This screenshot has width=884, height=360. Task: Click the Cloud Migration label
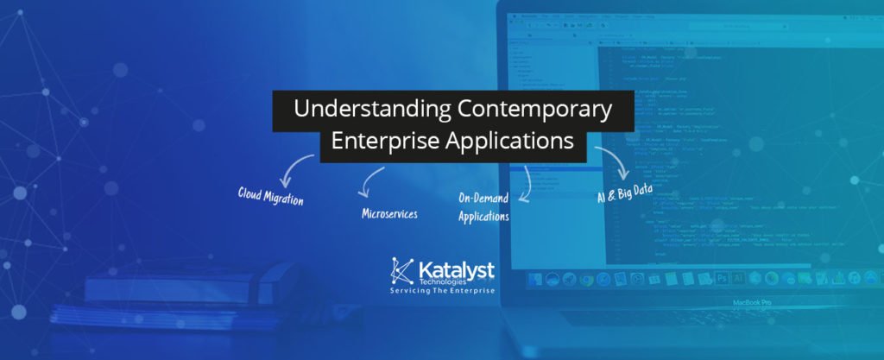click(271, 195)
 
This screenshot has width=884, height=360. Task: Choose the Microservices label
click(389, 212)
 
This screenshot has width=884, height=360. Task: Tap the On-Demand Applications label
click(483, 207)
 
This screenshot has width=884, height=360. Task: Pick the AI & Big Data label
click(624, 193)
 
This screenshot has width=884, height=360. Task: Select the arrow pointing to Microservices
click(371, 180)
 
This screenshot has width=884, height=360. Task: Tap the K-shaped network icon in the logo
click(403, 271)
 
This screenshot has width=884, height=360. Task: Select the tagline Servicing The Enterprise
click(443, 291)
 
